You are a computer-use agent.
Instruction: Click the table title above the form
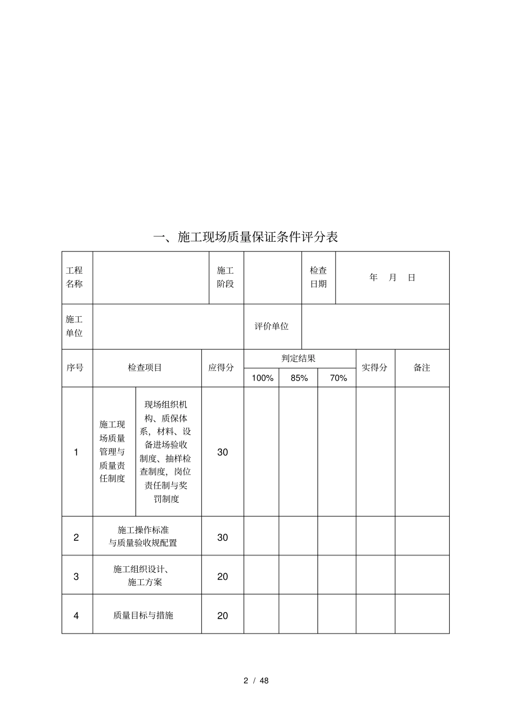[246, 237]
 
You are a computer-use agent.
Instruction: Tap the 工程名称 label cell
[75, 277]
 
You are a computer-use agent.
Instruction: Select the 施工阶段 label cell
[226, 277]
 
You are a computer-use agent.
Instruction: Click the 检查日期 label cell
[318, 277]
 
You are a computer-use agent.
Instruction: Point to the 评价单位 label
[272, 327]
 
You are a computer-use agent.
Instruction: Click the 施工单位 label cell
[75, 327]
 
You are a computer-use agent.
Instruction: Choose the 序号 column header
[75, 368]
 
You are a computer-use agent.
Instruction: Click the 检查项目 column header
[145, 368]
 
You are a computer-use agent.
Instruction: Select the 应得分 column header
[221, 368]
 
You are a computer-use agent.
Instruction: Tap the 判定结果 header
[299, 358]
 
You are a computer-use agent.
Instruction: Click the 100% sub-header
[262, 378]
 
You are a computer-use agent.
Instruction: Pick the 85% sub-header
[299, 378]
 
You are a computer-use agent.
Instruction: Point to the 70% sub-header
[338, 378]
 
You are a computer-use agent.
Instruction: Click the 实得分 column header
[374, 368]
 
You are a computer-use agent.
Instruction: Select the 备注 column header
[422, 368]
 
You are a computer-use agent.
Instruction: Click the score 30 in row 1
[222, 452]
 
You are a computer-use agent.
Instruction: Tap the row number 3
[76, 576]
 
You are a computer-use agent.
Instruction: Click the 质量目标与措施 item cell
[143, 615]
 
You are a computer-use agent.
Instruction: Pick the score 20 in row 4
[222, 615]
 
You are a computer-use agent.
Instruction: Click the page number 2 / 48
[256, 681]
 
